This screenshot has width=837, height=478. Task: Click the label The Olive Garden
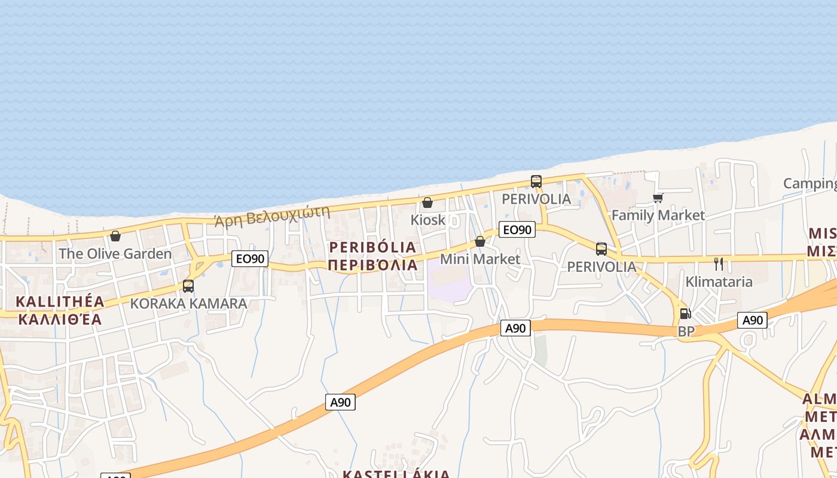pos(115,253)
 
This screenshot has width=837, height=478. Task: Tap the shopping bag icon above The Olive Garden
pos(115,236)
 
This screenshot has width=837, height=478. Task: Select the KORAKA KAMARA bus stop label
pos(188,303)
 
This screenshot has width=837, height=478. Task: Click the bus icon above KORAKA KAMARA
pos(188,286)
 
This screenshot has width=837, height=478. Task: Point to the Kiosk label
pos(428,219)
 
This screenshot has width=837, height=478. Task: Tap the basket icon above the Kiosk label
pos(427,203)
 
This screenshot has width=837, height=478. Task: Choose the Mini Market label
pos(480,259)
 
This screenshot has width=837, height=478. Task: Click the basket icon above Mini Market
pos(480,241)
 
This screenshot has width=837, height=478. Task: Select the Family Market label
pos(658,215)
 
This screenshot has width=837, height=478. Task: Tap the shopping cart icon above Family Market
pos(658,198)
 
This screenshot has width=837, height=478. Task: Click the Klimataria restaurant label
pos(719,281)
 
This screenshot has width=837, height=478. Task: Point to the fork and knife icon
pos(719,263)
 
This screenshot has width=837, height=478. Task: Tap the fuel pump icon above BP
pos(685,314)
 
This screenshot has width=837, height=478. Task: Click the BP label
pos(686,330)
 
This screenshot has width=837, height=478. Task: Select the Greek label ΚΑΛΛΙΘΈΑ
pos(60,318)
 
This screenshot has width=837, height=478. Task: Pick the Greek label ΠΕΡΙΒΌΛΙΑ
pos(372,264)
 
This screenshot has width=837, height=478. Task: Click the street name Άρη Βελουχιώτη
pos(272,216)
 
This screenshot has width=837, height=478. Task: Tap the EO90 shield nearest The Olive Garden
pos(250,259)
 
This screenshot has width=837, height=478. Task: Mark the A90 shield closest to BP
pos(752,320)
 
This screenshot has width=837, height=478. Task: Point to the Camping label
pos(810,183)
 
